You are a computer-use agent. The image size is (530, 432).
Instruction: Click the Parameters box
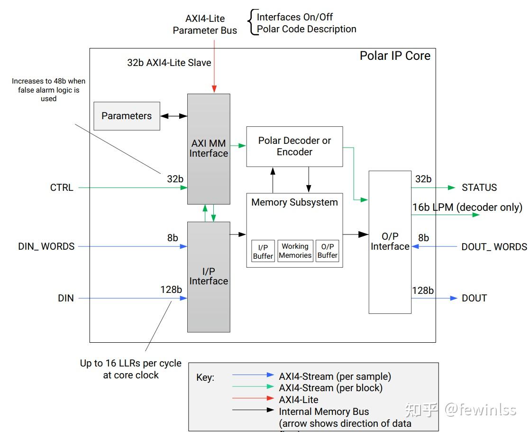click(127, 116)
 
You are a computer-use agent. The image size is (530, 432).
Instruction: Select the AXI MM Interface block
click(209, 148)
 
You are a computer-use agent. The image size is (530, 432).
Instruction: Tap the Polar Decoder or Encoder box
click(294, 146)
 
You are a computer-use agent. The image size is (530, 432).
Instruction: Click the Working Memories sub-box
click(295, 251)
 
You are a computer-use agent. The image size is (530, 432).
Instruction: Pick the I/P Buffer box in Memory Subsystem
click(263, 252)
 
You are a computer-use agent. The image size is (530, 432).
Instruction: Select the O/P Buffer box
click(327, 251)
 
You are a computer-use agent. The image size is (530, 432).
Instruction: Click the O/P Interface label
click(390, 241)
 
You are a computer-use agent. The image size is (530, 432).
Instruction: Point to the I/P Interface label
click(209, 276)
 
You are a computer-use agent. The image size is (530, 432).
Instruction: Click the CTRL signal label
click(62, 188)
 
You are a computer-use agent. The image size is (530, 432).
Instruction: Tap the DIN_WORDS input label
click(46, 246)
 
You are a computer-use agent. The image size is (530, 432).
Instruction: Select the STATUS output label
click(479, 188)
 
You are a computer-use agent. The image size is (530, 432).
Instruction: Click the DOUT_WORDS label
click(494, 247)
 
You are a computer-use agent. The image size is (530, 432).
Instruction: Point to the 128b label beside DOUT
click(423, 291)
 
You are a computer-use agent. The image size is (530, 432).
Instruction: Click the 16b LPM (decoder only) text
click(467, 207)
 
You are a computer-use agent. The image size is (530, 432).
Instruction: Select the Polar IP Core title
click(395, 56)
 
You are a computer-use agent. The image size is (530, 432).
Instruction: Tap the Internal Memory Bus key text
click(324, 412)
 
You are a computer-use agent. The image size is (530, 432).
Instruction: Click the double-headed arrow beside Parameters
click(174, 116)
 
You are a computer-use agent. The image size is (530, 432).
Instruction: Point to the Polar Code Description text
click(306, 29)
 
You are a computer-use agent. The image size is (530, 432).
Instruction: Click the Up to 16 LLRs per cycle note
click(130, 364)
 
